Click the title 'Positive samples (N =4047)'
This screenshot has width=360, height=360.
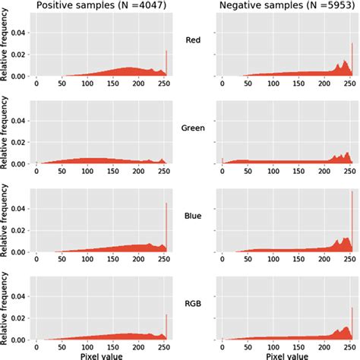[x=99, y=7]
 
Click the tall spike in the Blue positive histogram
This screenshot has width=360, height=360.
[x=166, y=228]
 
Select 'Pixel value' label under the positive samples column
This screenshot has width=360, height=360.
[x=99, y=353]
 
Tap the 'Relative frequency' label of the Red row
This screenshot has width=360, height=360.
[x=6, y=50]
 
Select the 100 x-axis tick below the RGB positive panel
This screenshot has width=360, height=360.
[x=87, y=345]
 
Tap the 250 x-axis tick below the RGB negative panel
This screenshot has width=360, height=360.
[x=349, y=345]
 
